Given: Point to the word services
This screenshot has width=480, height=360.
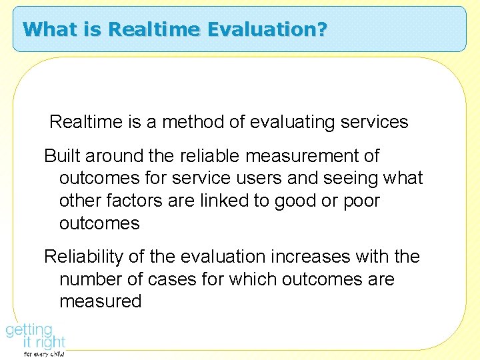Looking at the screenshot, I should (x=375, y=122).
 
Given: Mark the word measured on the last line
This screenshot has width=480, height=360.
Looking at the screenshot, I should (x=101, y=301).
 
